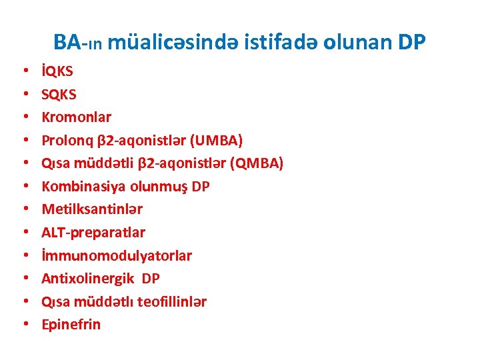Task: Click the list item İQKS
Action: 58,71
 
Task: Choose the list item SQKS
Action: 59,94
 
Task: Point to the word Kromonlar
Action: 77,117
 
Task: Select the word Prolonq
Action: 64,141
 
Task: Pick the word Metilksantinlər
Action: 92,209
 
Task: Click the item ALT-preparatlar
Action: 93,233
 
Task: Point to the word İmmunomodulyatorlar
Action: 117,255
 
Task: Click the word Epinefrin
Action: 71,325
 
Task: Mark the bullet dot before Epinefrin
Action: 23,325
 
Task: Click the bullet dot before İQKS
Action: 23,71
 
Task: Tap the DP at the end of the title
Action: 411,43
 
